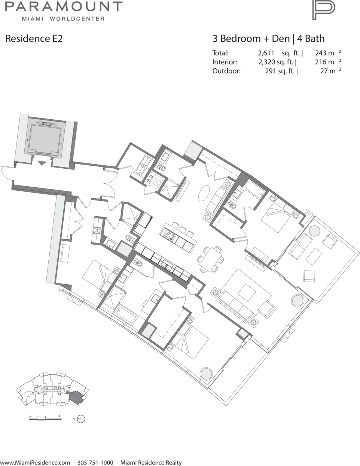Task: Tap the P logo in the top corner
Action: point(324,10)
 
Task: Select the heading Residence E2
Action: point(34,39)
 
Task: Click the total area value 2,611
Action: point(266,53)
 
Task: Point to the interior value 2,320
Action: point(267,62)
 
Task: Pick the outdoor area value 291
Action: point(271,71)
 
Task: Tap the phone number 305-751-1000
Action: point(95,461)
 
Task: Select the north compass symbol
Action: point(81,419)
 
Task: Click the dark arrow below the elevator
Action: point(42,163)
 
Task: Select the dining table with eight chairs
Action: point(211,259)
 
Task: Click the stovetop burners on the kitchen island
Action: point(169,235)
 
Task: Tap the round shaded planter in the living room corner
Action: point(298,301)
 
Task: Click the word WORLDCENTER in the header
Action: point(77,19)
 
